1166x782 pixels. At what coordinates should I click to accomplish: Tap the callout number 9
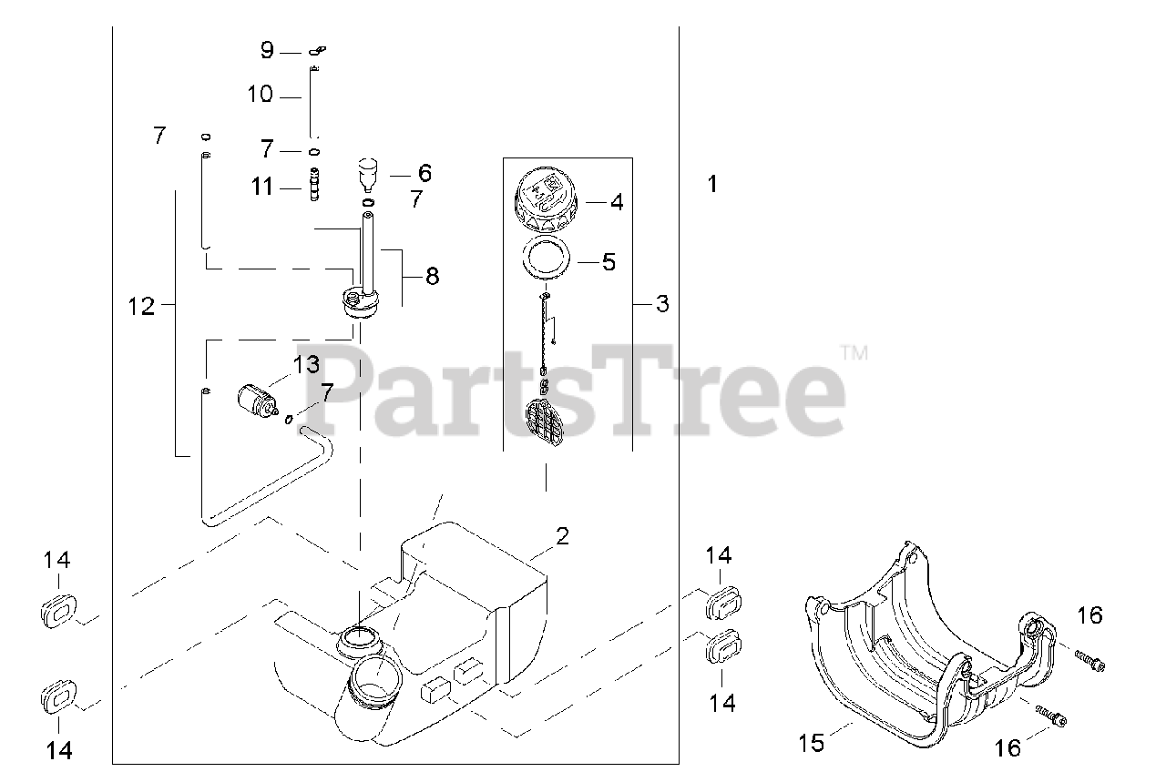point(267,50)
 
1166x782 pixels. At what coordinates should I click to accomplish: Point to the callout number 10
point(260,94)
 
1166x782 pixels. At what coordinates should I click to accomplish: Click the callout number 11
point(261,187)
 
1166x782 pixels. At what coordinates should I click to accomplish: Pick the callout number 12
point(141,307)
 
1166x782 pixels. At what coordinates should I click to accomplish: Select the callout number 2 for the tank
point(562,536)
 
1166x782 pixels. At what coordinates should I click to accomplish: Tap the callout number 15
point(812,743)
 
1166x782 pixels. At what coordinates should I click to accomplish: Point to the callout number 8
point(432,276)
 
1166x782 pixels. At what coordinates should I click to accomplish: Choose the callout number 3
point(662,303)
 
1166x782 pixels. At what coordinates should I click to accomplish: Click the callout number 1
point(713,184)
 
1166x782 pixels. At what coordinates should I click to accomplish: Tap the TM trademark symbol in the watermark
point(854,353)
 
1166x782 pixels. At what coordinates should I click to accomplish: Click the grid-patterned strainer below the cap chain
point(545,422)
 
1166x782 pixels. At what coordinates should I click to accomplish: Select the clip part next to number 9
point(317,50)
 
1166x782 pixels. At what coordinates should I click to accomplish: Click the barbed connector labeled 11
point(314,184)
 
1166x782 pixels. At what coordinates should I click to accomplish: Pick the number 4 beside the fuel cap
point(617,202)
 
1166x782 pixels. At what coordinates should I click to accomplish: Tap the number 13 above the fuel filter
point(306,365)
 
